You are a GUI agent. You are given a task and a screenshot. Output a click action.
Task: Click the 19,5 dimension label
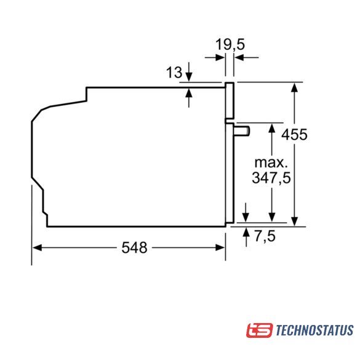230,44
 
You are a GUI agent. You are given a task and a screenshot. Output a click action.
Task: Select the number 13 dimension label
174,73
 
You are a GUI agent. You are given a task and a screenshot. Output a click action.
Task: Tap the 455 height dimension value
294,135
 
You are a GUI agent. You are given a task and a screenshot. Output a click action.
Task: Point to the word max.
271,162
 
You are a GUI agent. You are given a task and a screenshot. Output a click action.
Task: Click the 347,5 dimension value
271,177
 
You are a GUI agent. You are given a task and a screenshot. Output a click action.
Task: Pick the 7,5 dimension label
265,236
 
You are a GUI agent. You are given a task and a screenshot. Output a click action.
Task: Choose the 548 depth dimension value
134,248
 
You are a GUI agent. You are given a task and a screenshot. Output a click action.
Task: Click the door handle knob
242,131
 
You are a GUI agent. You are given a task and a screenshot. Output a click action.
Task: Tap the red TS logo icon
260,330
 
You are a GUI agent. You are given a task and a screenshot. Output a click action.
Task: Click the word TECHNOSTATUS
314,330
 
